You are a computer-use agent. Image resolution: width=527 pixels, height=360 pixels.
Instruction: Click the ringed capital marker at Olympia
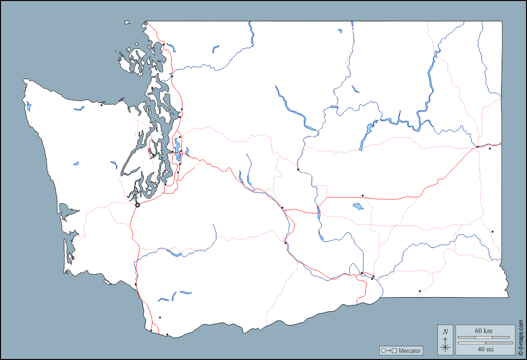coord(137,205)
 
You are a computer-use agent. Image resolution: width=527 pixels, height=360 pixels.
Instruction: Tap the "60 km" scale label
coord(483,331)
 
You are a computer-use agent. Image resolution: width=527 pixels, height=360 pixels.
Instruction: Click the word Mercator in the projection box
coord(409,351)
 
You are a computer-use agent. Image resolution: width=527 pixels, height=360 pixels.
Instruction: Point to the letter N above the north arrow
coord(445,332)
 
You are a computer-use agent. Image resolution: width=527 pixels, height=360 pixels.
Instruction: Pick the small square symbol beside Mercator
coord(394,351)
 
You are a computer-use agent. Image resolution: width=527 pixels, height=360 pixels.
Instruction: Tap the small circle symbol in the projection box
coord(383,351)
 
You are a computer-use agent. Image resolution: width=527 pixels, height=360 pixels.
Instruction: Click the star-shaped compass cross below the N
coord(445,347)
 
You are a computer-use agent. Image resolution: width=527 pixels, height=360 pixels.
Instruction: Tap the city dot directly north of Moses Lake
coord(362,195)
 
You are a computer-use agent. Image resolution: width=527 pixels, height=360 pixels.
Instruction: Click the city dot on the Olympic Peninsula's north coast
coord(101,105)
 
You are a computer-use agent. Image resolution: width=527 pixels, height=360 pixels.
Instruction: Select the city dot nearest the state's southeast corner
coord(420,291)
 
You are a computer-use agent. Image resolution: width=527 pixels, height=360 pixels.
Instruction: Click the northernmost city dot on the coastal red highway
coord(164,44)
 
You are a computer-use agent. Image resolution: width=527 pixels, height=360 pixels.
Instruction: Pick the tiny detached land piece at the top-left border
coord(127,22)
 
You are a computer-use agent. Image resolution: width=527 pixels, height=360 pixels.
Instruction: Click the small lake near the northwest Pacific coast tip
coord(28,107)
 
